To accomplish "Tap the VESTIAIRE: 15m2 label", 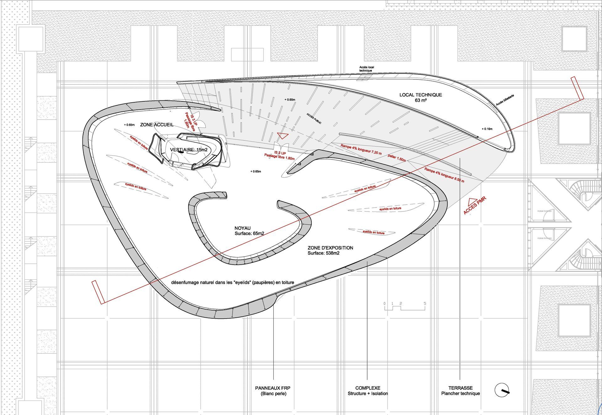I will [x=189, y=150].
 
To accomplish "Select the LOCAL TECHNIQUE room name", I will [x=420, y=95].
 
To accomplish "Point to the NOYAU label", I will [x=242, y=228].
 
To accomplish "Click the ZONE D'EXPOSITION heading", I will [x=330, y=248].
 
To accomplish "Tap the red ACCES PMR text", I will [x=475, y=206].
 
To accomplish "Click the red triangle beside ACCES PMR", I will [x=472, y=202].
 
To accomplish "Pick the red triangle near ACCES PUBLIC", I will [x=283, y=136].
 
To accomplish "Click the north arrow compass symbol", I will [x=502, y=390].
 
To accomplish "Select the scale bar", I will [x=404, y=306].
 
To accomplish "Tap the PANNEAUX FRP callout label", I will [x=272, y=388].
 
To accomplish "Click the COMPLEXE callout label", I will [x=367, y=388].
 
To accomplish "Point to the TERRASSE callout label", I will [x=460, y=388].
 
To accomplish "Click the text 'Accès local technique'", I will [x=366, y=69].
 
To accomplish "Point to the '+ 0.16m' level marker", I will [x=487, y=129].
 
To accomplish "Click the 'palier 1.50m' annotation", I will [x=397, y=158].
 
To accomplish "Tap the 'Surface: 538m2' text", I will [x=323, y=253].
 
